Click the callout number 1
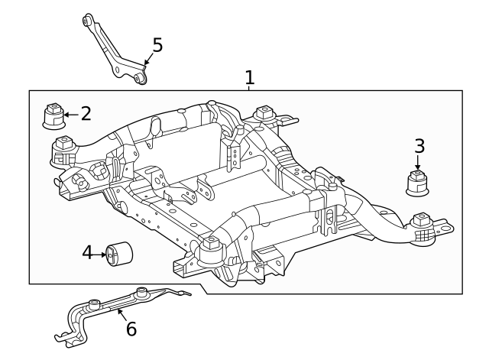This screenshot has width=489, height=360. coord(249,77)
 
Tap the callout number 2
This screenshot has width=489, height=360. coord(86,114)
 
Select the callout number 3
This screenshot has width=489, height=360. coord(419,145)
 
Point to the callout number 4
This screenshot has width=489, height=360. coord(87,252)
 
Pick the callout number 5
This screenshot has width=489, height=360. coord(157,45)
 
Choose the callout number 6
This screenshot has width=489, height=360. coord(131,329)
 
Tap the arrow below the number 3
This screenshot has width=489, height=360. coord(418,162)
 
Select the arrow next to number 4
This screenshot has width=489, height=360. coord(101,254)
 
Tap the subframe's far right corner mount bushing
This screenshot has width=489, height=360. coord(420,226)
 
